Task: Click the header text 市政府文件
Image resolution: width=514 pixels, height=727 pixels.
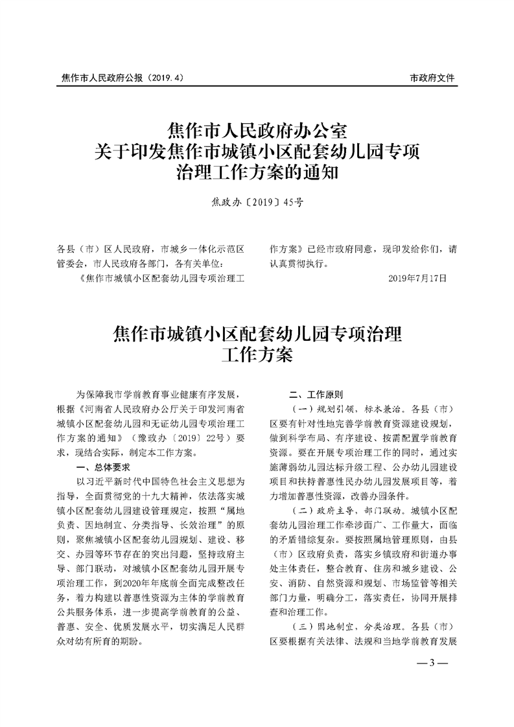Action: coord(432,78)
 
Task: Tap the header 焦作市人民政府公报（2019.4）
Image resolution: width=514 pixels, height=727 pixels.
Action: coord(119,78)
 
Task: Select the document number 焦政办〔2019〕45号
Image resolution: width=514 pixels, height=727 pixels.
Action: coord(257,202)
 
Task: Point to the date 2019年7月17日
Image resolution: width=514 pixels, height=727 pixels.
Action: coord(417,277)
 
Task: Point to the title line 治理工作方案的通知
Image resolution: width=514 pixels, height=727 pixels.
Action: coord(257,172)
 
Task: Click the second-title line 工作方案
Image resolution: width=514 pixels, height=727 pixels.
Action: coord(257,355)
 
